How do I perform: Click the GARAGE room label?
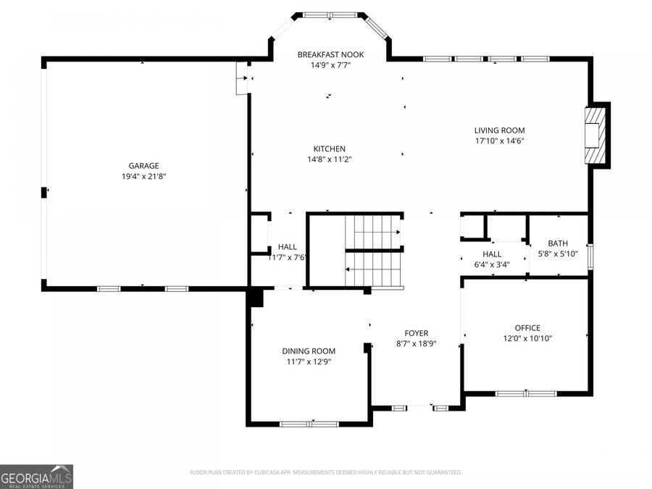point(143,166)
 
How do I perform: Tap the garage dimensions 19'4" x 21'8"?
point(143,176)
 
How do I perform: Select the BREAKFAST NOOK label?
point(330,54)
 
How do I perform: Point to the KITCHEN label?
point(329,149)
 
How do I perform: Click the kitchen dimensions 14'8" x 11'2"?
point(329,159)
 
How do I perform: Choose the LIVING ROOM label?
point(499,130)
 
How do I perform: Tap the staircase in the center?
point(372,250)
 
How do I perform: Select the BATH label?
point(558,243)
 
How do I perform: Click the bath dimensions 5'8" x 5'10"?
point(558,254)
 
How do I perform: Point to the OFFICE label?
point(527,328)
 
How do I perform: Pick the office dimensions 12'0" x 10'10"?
point(527,338)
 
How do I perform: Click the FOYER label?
point(416,333)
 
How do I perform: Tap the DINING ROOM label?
point(309,351)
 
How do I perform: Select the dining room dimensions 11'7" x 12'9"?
point(309,361)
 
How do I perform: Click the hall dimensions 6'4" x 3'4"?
point(492,264)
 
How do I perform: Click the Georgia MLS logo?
point(36,477)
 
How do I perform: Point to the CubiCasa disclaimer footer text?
point(325,472)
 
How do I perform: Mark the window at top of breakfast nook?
point(330,14)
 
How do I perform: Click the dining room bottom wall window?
point(309,423)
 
